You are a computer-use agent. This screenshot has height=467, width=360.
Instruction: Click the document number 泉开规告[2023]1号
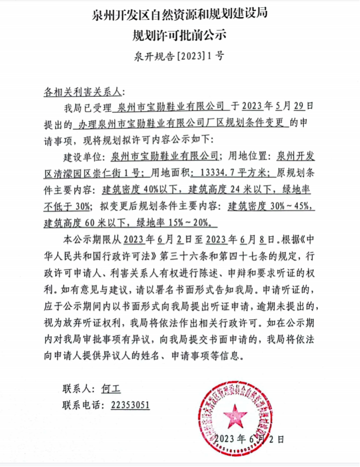(x=179, y=55)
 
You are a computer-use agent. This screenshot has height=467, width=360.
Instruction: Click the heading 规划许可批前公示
(x=179, y=35)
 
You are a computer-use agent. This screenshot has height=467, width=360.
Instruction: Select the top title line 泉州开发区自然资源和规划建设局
(x=179, y=14)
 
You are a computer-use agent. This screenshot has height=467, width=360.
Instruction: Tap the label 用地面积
(x=169, y=172)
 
